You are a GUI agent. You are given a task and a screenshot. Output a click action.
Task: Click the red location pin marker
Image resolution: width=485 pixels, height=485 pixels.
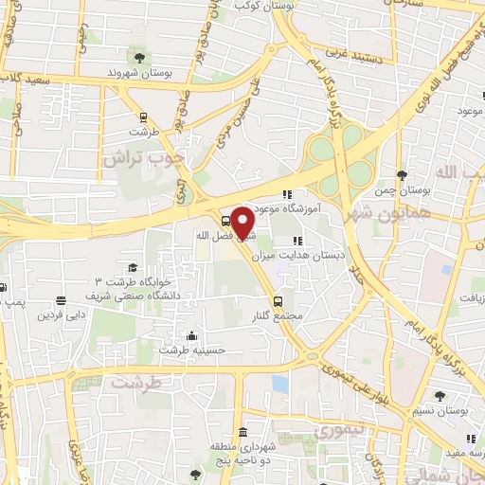tap(243, 222)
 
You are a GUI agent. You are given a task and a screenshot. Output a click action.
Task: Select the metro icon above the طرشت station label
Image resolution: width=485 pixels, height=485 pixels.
tap(142, 118)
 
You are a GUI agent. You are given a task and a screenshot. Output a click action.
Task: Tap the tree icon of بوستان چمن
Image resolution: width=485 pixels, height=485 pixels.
tap(402, 176)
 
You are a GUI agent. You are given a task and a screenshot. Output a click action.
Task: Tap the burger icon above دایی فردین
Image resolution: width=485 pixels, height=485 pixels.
tap(61, 300)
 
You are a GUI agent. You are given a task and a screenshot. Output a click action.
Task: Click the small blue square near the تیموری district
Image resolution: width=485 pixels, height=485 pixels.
tap(279, 385)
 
